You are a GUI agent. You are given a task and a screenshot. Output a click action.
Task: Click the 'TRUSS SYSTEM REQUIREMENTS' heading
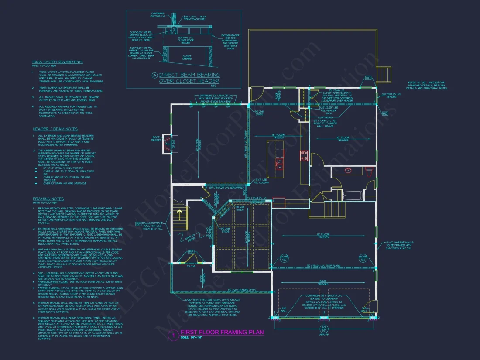(57, 62)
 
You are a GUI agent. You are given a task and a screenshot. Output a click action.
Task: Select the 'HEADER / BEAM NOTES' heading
(55, 129)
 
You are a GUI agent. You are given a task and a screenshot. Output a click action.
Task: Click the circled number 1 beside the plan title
(173, 335)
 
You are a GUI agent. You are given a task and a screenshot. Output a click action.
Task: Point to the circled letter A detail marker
(154, 75)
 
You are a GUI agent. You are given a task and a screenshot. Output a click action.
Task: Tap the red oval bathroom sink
(348, 171)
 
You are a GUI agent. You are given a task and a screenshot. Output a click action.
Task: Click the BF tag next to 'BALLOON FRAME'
(138, 223)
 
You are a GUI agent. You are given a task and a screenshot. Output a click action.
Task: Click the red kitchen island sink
(278, 163)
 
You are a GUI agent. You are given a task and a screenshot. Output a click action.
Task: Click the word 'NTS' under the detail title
(189, 86)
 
